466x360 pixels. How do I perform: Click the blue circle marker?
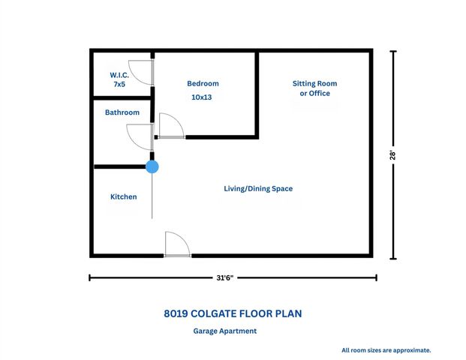(152, 166)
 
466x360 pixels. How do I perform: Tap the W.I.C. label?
(119, 76)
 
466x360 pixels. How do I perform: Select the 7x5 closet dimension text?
(119, 85)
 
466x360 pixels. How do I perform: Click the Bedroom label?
(203, 84)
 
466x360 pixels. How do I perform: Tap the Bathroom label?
(122, 112)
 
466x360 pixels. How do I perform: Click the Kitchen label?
(124, 196)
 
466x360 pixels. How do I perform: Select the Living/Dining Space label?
(258, 188)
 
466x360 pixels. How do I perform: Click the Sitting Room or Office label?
(314, 88)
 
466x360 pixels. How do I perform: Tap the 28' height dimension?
(392, 155)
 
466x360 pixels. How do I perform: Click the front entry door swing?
(177, 244)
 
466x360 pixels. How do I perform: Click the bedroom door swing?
(171, 126)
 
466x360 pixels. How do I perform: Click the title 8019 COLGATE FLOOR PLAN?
(233, 313)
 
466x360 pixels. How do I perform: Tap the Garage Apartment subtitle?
(225, 331)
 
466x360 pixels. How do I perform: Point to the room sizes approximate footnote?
(386, 349)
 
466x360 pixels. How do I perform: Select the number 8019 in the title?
(177, 313)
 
